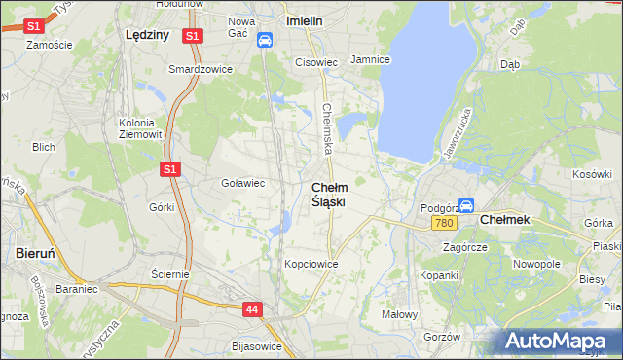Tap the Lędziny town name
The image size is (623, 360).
click(x=148, y=34)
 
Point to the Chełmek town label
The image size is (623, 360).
click(x=505, y=220)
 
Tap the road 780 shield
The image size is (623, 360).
click(x=445, y=224)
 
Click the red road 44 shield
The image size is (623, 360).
click(x=251, y=309)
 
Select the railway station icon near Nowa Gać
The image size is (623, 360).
click(x=265, y=40)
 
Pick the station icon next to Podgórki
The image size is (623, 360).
click(x=466, y=206)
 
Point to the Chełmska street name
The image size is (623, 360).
click(x=328, y=128)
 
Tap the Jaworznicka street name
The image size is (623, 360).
click(x=458, y=133)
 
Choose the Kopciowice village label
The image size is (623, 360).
click(x=311, y=264)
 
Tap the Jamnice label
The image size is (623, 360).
click(x=370, y=59)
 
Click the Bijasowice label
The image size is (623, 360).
click(x=257, y=345)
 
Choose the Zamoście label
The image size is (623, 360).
click(x=51, y=45)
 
